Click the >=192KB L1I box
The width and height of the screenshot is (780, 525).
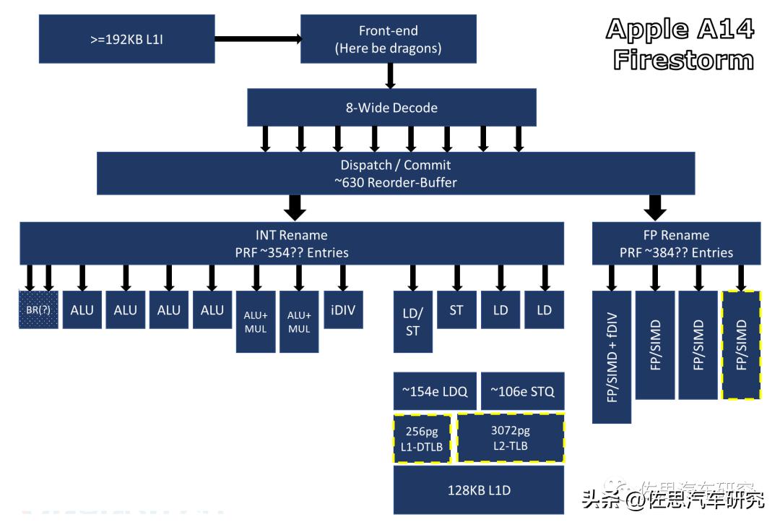(126, 39)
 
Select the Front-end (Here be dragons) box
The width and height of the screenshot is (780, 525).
(388, 39)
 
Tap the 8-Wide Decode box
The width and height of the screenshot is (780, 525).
(391, 108)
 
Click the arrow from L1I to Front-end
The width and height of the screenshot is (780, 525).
(257, 39)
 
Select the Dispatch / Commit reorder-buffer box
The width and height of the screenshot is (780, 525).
(396, 174)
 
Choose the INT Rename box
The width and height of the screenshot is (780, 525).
(292, 244)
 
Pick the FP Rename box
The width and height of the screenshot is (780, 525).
(676, 244)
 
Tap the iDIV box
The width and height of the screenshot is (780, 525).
(343, 310)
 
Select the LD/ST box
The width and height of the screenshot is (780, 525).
(413, 322)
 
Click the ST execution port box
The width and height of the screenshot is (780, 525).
(456, 310)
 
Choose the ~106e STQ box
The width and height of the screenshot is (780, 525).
(522, 391)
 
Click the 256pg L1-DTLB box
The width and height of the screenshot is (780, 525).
(422, 439)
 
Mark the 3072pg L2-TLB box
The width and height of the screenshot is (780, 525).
(510, 439)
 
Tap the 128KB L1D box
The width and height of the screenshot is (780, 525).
(479, 490)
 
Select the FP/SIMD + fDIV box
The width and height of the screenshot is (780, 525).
(612, 357)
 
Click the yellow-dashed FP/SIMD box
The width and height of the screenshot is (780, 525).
(741, 345)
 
